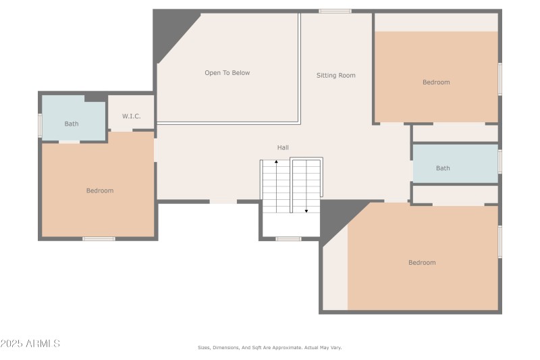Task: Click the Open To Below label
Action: tap(227, 73)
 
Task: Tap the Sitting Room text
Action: tap(335, 76)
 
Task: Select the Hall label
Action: tap(283, 147)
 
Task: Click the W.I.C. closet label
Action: tap(131, 116)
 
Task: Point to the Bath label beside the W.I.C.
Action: tap(72, 124)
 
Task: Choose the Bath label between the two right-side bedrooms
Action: tap(443, 168)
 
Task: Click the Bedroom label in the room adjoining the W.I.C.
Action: tap(100, 190)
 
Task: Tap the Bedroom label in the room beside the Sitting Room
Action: tap(436, 82)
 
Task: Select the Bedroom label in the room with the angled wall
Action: tap(422, 263)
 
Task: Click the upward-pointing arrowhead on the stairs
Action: tap(276, 163)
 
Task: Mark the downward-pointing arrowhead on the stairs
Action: tap(306, 211)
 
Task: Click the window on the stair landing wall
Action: tap(288, 238)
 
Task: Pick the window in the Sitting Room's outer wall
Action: tap(335, 11)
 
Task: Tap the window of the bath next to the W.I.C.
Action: tap(40, 125)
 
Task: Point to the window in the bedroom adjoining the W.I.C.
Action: tap(99, 238)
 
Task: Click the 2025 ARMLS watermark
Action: tap(30, 344)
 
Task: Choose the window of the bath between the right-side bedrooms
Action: tap(500, 161)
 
